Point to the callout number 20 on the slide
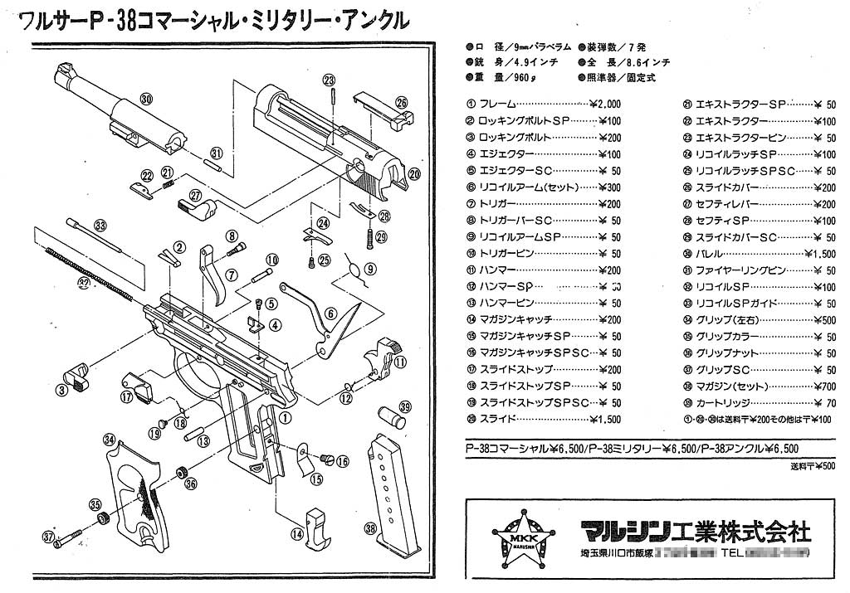click(414, 173)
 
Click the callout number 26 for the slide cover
click(402, 103)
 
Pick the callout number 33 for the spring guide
click(100, 225)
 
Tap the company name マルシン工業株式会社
click(695, 529)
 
